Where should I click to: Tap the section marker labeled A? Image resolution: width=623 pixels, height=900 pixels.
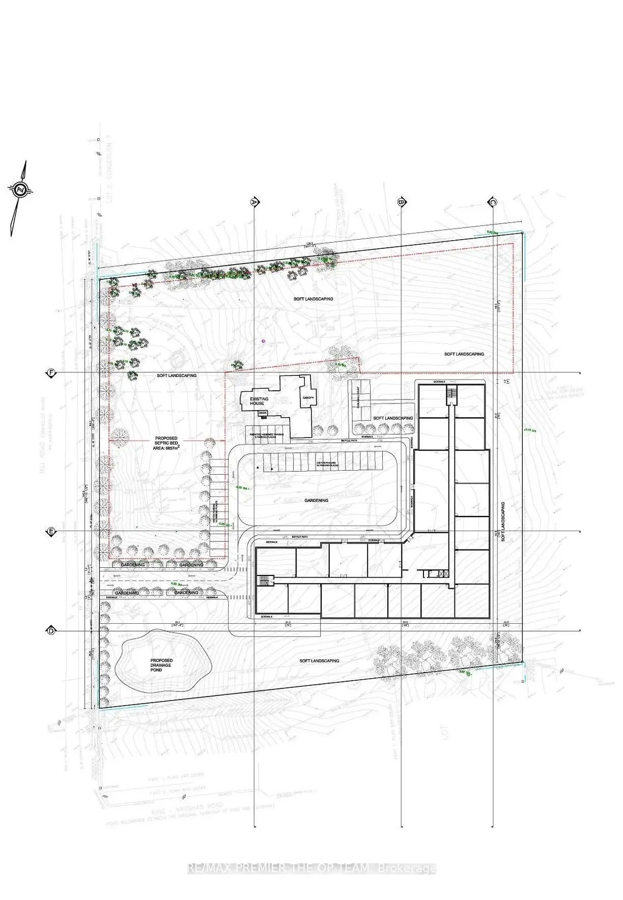pos(253,202)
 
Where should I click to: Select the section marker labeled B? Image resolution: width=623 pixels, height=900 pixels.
pos(401,202)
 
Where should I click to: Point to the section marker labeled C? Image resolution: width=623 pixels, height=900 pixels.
pos(492,202)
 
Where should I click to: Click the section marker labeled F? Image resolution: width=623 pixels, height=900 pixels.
pos(51,373)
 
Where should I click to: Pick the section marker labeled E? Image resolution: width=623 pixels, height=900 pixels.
pos(51,532)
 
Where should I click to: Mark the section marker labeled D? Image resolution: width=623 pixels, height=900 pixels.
pos(51,631)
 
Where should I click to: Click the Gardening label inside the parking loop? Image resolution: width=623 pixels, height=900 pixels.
pos(317,500)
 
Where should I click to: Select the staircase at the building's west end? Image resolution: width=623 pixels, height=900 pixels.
pos(263,580)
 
